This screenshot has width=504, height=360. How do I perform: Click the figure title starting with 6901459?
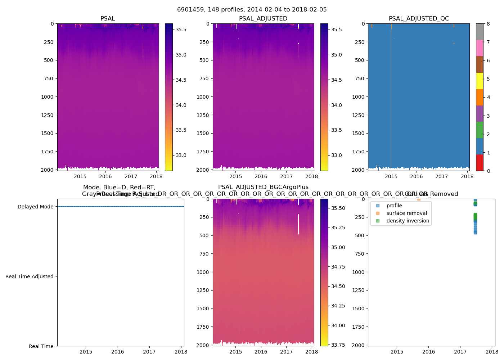click(x=252, y=10)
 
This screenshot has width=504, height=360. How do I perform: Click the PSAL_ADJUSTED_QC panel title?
click(x=419, y=19)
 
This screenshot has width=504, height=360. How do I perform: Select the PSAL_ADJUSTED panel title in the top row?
click(x=263, y=19)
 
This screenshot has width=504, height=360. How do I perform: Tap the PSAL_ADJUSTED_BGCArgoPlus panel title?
click(x=263, y=187)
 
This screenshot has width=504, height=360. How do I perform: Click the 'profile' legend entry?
click(x=394, y=206)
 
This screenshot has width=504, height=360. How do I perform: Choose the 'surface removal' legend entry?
click(x=406, y=213)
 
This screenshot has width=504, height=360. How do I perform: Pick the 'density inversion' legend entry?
click(x=408, y=221)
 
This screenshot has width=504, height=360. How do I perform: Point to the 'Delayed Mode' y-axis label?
click(x=35, y=207)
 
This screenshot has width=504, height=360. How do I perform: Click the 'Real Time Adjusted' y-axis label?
click(x=29, y=276)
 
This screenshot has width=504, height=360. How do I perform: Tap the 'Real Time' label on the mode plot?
click(x=41, y=346)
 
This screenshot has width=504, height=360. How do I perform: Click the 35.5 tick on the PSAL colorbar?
click(x=181, y=30)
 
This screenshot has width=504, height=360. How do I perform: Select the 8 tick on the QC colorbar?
click(x=488, y=24)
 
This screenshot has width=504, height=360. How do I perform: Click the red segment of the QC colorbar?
click(x=480, y=162)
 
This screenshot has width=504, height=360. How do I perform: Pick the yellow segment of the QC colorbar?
click(x=480, y=81)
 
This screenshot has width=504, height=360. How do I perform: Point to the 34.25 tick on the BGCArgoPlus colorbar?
click(x=338, y=306)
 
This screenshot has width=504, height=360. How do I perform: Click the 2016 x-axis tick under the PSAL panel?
click(x=105, y=176)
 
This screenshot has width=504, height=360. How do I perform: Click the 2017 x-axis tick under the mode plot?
click(x=149, y=352)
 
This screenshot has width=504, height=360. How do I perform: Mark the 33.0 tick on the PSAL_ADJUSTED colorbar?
click(x=336, y=155)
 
